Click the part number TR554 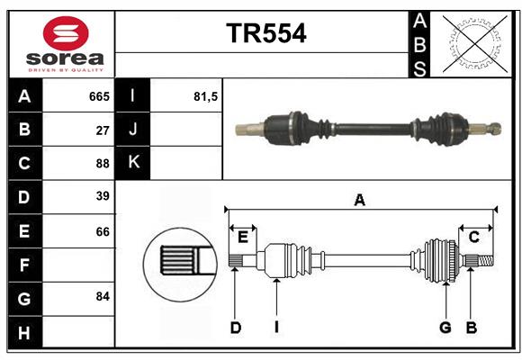[x=265, y=33]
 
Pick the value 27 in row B [x=103, y=130]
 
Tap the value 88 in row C [x=103, y=163]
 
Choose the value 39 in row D [x=103, y=196]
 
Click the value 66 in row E [x=103, y=231]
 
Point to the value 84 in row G [x=103, y=296]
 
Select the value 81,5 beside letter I [x=206, y=96]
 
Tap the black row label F [x=24, y=265]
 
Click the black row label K [x=133, y=163]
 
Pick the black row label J [x=133, y=130]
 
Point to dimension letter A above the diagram [x=360, y=200]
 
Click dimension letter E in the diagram [x=243, y=237]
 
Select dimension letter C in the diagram [x=473, y=237]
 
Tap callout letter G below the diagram [x=445, y=328]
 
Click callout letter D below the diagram [x=236, y=328]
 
